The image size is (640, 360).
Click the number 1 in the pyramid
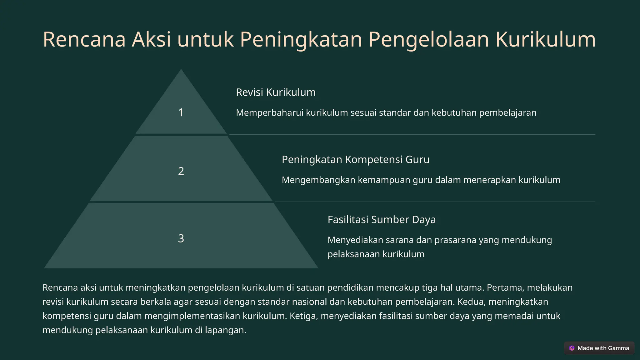tap(181, 112)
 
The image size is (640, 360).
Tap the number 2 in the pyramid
tap(181, 171)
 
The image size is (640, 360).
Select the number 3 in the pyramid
tap(181, 238)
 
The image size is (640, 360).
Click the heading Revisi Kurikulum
tap(276, 92)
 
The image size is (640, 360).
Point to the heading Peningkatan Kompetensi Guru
tap(355, 159)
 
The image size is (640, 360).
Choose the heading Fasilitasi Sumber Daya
tap(381, 219)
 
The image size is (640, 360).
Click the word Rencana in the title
tap(84, 40)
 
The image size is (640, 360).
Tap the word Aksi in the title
tap(151, 40)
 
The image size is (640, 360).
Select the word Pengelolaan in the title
tap(428, 40)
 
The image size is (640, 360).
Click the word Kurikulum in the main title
tap(546, 40)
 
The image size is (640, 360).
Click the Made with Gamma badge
tap(599, 348)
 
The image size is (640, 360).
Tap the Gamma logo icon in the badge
tap(572, 348)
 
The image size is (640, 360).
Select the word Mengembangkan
tap(318, 180)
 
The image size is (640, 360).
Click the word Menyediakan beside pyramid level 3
tap(355, 240)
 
